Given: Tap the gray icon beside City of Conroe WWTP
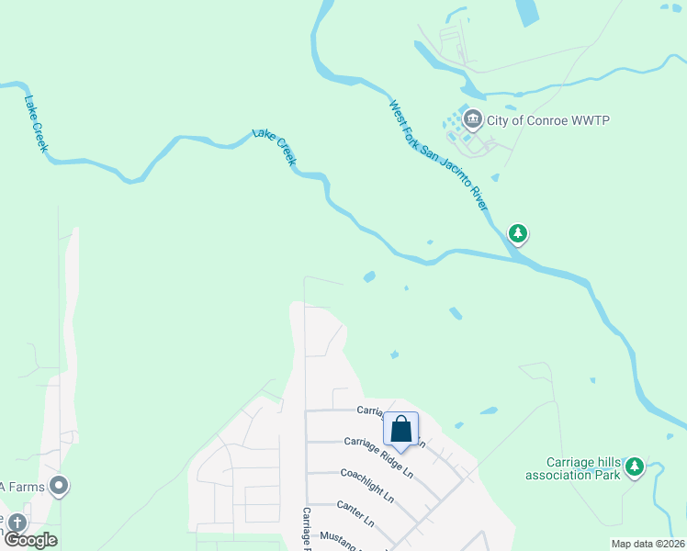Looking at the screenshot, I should (473, 118).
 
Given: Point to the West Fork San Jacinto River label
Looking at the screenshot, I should (438, 154).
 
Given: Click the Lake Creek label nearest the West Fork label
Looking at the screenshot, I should (276, 148).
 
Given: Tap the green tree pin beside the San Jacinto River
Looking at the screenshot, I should (519, 233).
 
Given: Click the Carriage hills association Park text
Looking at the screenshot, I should (572, 468).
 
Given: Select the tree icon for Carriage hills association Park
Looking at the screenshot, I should (635, 467).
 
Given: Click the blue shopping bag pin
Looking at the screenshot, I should (401, 429).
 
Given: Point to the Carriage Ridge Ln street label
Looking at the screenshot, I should (377, 456).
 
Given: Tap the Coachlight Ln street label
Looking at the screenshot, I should (366, 486).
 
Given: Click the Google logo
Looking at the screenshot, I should (29, 540).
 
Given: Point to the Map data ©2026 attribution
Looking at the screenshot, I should (648, 544).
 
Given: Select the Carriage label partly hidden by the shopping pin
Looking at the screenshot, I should (368, 411).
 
